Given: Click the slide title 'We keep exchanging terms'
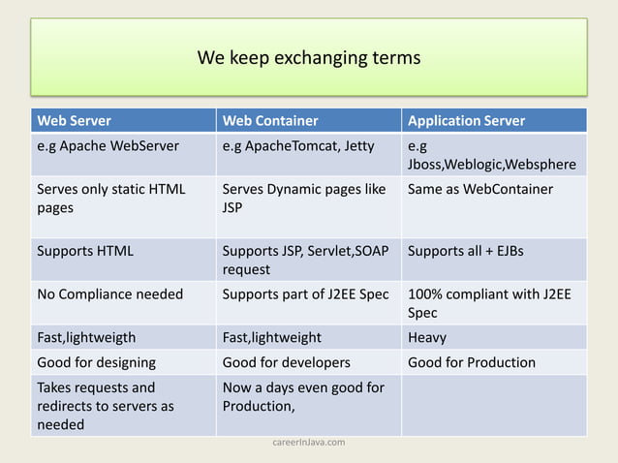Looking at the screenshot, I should click(x=309, y=58).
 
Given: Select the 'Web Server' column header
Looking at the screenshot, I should click(x=74, y=121).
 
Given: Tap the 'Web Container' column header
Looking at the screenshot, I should click(x=270, y=121).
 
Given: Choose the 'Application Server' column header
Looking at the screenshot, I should click(x=467, y=121).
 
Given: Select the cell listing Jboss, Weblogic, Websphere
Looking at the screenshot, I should click(x=492, y=156).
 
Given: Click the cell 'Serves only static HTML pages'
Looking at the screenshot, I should click(x=110, y=198).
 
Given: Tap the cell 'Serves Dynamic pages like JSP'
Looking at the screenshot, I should click(x=303, y=198).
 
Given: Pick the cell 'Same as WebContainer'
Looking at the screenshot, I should click(x=480, y=189).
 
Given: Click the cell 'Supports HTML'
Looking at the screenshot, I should click(x=85, y=252).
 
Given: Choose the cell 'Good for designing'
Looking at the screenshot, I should click(x=97, y=362).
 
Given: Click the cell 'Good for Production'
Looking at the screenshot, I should click(x=472, y=362).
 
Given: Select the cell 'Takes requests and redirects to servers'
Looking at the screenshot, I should click(x=106, y=406).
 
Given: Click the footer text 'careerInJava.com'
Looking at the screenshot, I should click(x=308, y=442).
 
